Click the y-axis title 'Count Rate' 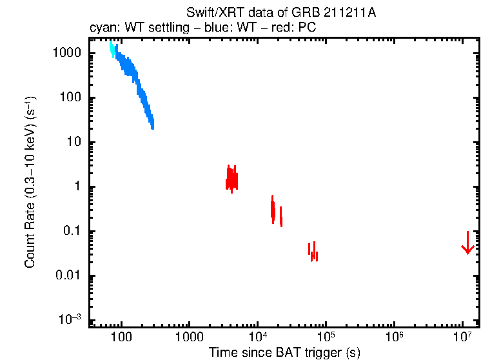pyautogui.click(x=30, y=182)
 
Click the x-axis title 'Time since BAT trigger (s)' pyautogui.click(x=284, y=352)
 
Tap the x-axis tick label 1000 pyautogui.click(x=189, y=337)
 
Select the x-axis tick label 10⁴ pyautogui.click(x=258, y=336)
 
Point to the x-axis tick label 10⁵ pyautogui.click(x=326, y=336)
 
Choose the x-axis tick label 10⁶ pyautogui.click(x=395, y=336)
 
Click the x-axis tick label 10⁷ pyautogui.click(x=463, y=336)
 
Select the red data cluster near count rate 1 pyautogui.click(x=231, y=178)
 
